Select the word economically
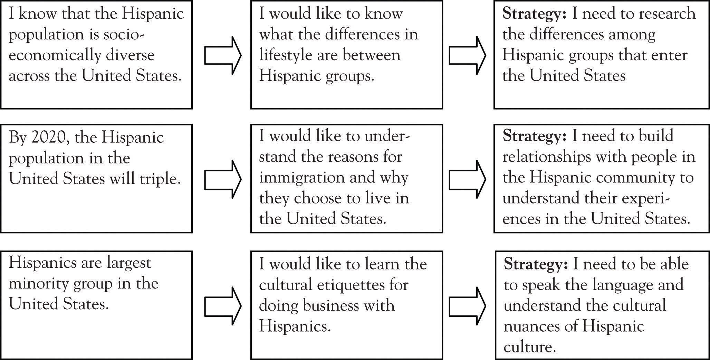(50, 55)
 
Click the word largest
(128, 263)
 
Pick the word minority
(38, 284)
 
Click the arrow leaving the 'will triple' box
(222, 179)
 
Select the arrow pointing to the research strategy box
(467, 55)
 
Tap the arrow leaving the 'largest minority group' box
(222, 306)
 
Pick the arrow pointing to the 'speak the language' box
(467, 306)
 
